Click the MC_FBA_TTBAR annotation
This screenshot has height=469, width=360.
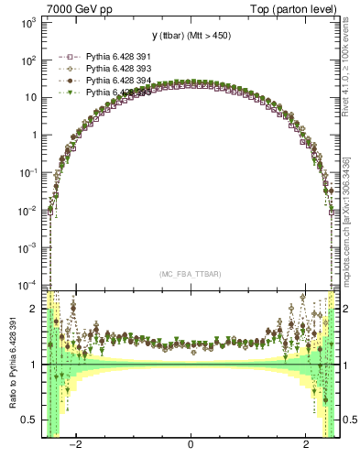coord(190,273)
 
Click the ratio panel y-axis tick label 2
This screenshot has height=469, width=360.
coord(35,309)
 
